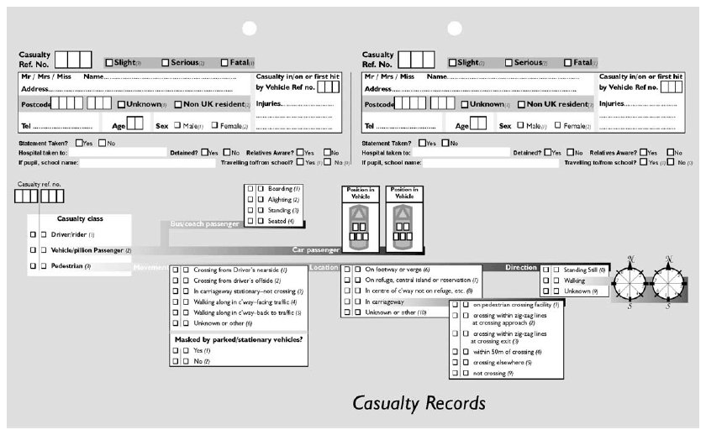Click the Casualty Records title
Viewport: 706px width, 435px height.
tap(419, 402)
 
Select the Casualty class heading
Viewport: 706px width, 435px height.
tap(78, 218)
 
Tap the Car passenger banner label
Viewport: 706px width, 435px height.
tap(315, 249)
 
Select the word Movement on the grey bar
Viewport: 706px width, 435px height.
tap(150, 267)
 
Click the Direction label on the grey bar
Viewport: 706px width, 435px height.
tap(520, 267)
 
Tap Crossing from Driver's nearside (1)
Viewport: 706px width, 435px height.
tap(240, 270)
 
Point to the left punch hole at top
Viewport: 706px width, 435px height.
tap(249, 29)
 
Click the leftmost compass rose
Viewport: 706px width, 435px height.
tap(630, 281)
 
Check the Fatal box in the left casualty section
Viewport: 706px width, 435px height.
tap(224, 62)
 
